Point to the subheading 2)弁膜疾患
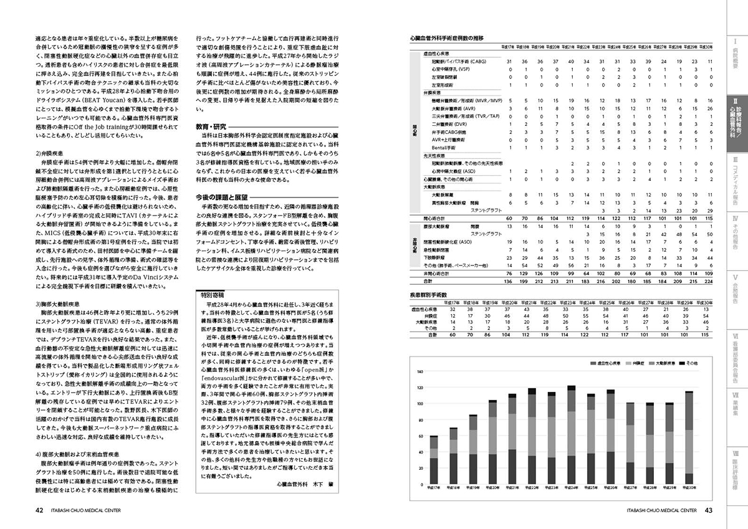tap(52, 170)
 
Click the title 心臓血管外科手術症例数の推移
tap(446, 38)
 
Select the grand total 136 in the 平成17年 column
tap(509, 282)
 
